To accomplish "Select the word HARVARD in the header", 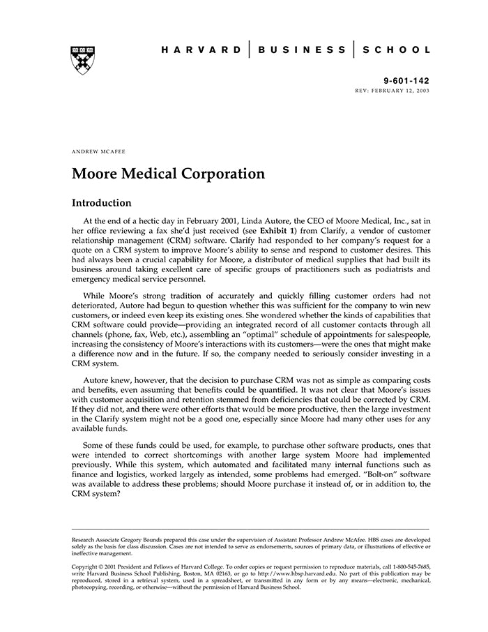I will pyautogui.click(x=201, y=50).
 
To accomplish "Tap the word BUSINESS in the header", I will pyautogui.click(x=302, y=50).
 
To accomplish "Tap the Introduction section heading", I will pyautogui.click(x=102, y=203).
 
